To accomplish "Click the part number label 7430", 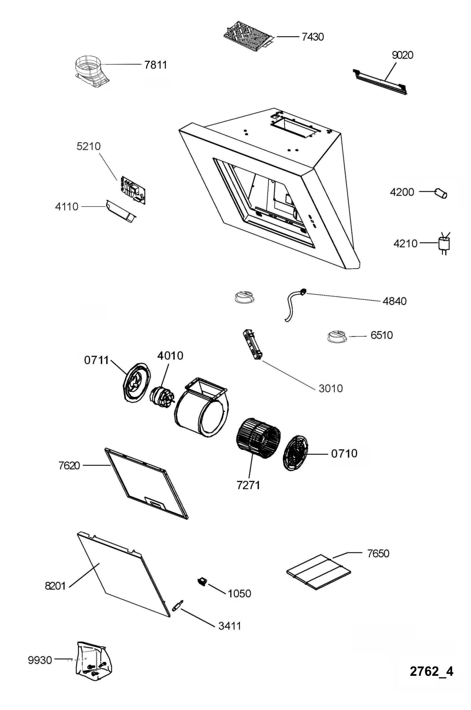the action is [x=312, y=37].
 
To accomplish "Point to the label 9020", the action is [x=402, y=55].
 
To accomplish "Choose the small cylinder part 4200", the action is [x=441, y=193].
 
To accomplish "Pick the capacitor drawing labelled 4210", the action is [x=444, y=244].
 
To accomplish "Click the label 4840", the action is [x=394, y=301].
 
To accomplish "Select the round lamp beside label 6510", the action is [x=337, y=337].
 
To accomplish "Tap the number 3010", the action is [x=331, y=388].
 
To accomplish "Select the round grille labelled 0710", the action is [x=295, y=453].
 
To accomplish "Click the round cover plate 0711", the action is [x=136, y=382].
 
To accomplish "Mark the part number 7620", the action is [x=69, y=465].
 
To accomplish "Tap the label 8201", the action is [x=55, y=586].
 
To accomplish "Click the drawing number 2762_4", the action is [x=431, y=671].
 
